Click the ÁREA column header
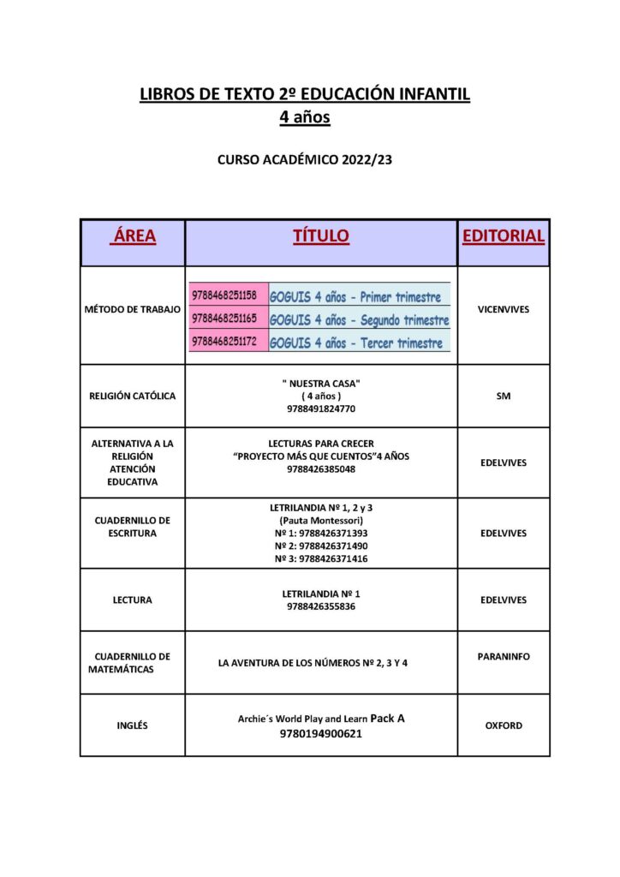coord(133,236)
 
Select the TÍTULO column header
coord(321,236)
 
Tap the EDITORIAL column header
coord(504,236)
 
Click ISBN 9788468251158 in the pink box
coord(224,295)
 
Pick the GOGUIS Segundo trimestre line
coord(359,319)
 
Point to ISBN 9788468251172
coord(224,342)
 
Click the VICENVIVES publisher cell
coord(504,309)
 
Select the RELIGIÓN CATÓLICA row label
coord(133,397)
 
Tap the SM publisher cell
coord(504,397)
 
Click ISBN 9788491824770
coord(321,409)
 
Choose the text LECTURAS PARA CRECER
coord(321,444)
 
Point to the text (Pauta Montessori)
coord(321,521)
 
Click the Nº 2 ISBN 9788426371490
coord(321,546)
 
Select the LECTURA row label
coord(133,600)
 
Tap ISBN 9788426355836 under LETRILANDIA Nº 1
coord(321,606)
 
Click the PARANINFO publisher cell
coord(504,657)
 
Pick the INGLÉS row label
coord(133,725)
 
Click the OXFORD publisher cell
coord(504,725)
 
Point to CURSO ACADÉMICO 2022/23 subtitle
coord(305,158)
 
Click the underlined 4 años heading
coord(305,118)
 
